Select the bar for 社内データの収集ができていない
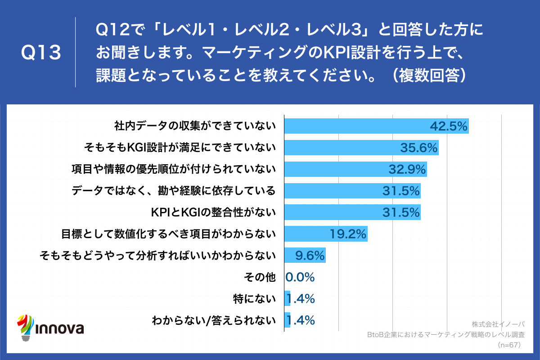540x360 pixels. (x=360, y=126)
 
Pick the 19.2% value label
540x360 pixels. (x=348, y=234)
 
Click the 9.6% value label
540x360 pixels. (x=310, y=256)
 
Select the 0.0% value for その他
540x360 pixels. (x=300, y=277)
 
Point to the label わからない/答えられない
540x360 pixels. (x=213, y=320)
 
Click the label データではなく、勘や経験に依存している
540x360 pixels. (x=173, y=191)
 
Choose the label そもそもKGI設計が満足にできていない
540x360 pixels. (x=180, y=148)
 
